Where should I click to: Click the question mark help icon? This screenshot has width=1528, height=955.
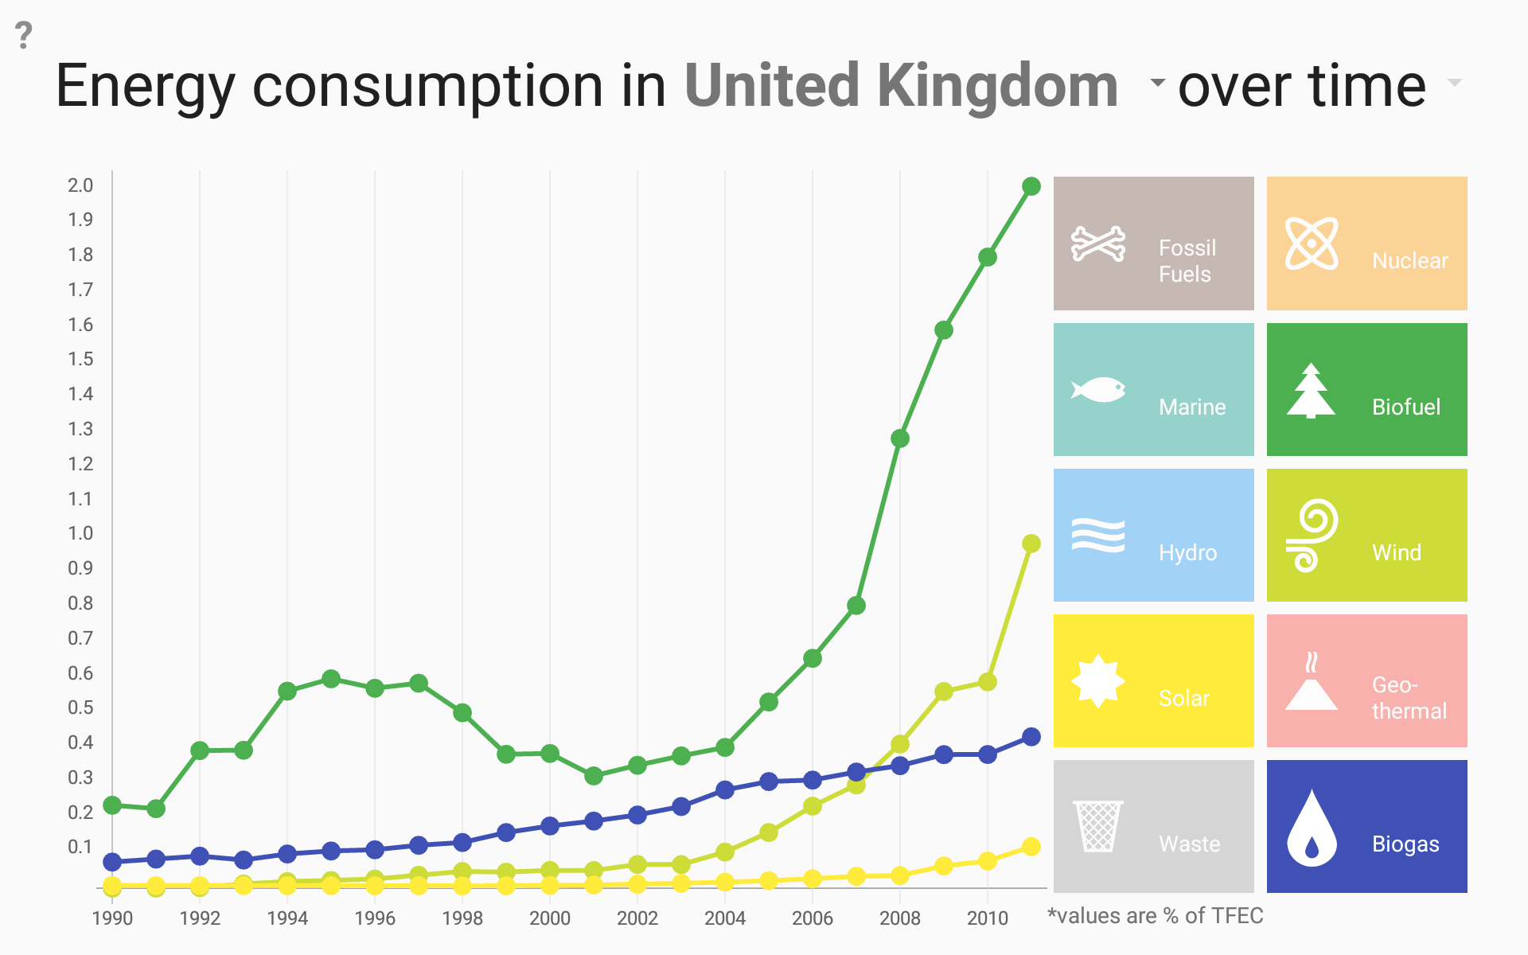tap(24, 36)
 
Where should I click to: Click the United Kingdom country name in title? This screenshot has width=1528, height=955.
tap(901, 86)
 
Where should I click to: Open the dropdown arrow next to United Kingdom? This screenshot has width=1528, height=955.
tap(1158, 82)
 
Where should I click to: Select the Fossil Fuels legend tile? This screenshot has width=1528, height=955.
tap(1153, 244)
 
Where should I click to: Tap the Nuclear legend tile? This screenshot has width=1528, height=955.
tap(1366, 244)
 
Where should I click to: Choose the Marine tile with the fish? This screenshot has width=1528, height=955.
tap(1153, 389)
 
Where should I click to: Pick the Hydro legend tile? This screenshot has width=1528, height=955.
tap(1153, 535)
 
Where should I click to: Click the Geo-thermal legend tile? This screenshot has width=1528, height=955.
tap(1366, 680)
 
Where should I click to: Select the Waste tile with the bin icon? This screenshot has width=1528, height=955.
tap(1153, 826)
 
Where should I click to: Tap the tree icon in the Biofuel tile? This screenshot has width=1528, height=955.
tap(1311, 391)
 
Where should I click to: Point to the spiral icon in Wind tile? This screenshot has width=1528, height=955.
tap(1312, 536)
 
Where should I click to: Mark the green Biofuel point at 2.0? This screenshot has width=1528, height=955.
tap(1031, 186)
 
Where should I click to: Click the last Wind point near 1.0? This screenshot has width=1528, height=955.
tap(1031, 544)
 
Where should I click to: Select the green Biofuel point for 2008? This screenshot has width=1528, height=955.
tap(900, 439)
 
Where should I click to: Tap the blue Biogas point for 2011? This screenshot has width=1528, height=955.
tap(1031, 737)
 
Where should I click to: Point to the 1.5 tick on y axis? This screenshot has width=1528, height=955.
tap(80, 359)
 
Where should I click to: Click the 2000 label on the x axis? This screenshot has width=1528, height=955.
tap(550, 918)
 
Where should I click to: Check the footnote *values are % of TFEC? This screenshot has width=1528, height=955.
tap(1155, 916)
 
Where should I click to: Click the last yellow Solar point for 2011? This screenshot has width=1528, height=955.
tap(1031, 847)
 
